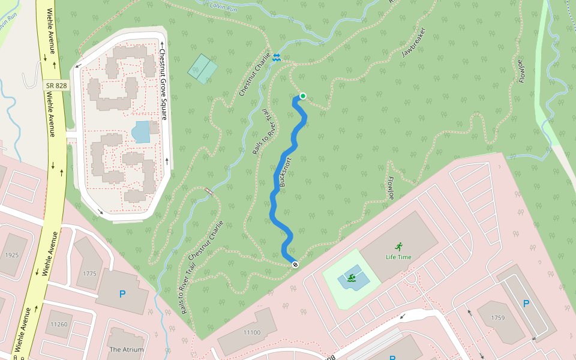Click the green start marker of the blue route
pyautogui.click(x=303, y=96)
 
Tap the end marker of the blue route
pyautogui.click(x=295, y=265)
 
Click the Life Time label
pyautogui.click(x=398, y=257)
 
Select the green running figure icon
pyautogui.click(x=398, y=246)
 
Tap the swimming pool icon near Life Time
pyautogui.click(x=351, y=278)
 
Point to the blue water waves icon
pyautogui.click(x=277, y=57)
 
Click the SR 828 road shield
pyautogui.click(x=57, y=86)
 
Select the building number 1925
pyautogui.click(x=12, y=255)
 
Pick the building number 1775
pyautogui.click(x=89, y=274)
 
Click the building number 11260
pyautogui.click(x=59, y=325)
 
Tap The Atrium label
pyautogui.click(x=127, y=350)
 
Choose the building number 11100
pyautogui.click(x=252, y=332)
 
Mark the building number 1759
pyautogui.click(x=498, y=317)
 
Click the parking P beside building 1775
pyautogui.click(x=122, y=294)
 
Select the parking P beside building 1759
pyautogui.click(x=526, y=304)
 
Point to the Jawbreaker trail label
pyautogui.click(x=413, y=43)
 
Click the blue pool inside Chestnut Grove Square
pyautogui.click(x=140, y=132)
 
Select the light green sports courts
pyautogui.click(x=203, y=68)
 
